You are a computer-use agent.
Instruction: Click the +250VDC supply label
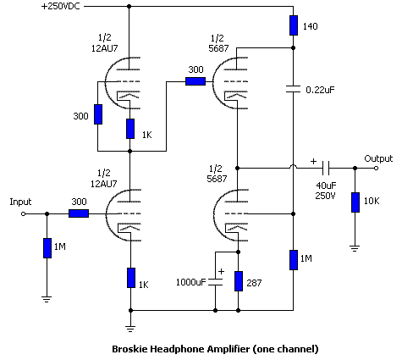tap(61, 6)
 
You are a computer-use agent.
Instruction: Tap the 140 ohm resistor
tap(294, 25)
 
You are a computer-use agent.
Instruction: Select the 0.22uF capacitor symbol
tap(294, 89)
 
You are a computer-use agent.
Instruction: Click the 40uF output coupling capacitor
tap(326, 168)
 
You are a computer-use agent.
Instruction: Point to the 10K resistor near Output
tap(355, 202)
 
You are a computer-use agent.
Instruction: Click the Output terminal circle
tap(376, 168)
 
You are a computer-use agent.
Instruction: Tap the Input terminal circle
tap(24, 213)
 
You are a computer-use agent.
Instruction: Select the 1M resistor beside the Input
tap(47, 248)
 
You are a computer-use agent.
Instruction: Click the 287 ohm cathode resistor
tap(239, 281)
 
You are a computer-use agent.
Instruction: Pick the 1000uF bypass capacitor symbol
tap(215, 282)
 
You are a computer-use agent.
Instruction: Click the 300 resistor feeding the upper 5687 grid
tap(195, 81)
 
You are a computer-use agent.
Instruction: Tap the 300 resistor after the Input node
tap(79, 213)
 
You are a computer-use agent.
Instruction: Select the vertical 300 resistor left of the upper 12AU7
tap(98, 114)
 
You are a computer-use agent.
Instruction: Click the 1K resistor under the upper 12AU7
tap(130, 129)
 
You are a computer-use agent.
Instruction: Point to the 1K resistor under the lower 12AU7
tap(131, 278)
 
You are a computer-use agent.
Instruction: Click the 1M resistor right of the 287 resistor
tap(294, 260)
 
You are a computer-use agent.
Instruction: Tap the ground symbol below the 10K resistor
tap(355, 248)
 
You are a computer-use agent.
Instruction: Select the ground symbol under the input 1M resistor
tap(47, 299)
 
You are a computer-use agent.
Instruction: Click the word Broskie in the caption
tap(129, 349)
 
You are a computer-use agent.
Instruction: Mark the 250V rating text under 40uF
tap(325, 196)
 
